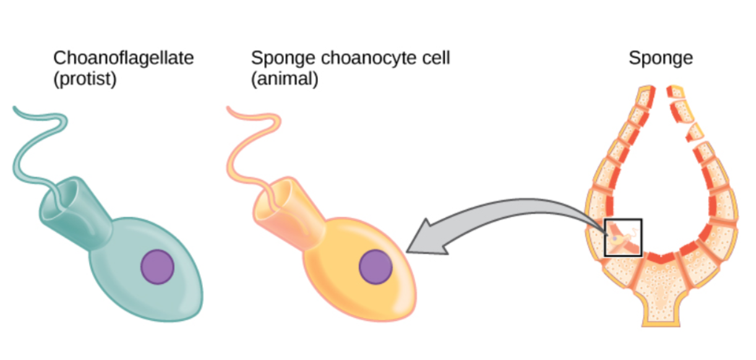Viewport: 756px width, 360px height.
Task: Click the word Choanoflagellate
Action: [x=123, y=59]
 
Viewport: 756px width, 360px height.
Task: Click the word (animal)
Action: [x=284, y=80]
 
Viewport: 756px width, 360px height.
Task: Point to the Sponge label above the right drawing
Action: [x=660, y=59]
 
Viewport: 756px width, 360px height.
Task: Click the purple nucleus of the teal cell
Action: [x=157, y=267]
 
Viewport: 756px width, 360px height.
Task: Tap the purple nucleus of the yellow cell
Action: [x=376, y=267]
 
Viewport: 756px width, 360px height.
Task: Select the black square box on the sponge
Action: [x=622, y=237]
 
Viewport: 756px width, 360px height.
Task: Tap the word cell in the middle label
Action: [x=436, y=59]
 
